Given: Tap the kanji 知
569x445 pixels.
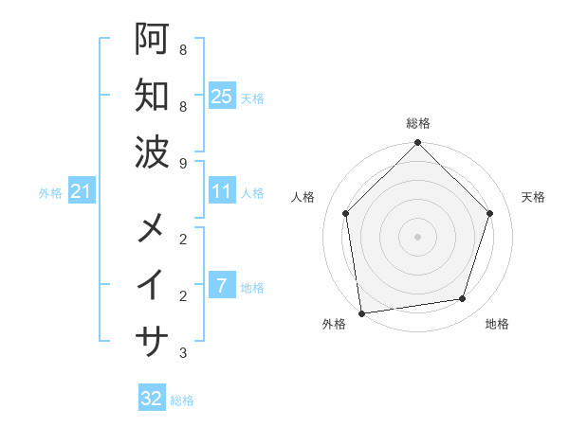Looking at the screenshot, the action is [x=152, y=95].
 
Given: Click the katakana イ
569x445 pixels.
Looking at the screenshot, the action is [x=152, y=283].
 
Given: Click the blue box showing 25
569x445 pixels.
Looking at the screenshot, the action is [x=221, y=96].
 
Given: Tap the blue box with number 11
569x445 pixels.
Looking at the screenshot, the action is [x=221, y=192].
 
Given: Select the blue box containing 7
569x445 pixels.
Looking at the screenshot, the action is [x=221, y=286].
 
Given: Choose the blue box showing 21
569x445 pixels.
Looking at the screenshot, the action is [x=81, y=192].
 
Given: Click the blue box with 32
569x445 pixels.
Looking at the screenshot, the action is [x=152, y=399].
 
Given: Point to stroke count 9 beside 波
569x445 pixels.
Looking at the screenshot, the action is [x=182, y=163].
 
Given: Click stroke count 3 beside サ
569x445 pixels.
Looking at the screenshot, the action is [x=182, y=353].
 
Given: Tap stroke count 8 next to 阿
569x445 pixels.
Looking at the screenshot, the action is [x=182, y=49].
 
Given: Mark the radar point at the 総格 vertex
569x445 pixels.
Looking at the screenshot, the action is [x=417, y=143].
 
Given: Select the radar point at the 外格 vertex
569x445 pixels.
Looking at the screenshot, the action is [x=361, y=312].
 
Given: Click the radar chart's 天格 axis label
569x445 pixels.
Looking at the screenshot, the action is [x=534, y=197].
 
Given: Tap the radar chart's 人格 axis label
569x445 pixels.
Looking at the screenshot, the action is [x=303, y=197].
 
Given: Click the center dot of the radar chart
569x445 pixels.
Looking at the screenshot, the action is [x=417, y=236].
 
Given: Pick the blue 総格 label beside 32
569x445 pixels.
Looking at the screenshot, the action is [x=182, y=400].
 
